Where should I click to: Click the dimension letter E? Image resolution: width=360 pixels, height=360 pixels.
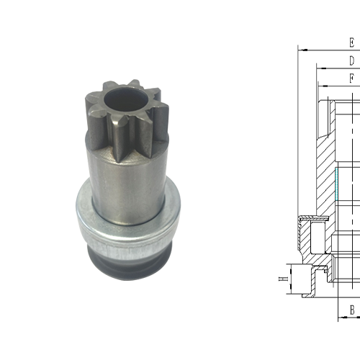[x=352, y=42]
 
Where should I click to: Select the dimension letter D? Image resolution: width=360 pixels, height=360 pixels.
[x=352, y=60]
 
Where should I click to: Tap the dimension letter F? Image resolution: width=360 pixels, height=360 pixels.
[x=352, y=77]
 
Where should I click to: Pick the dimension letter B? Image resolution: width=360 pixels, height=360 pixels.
[x=352, y=310]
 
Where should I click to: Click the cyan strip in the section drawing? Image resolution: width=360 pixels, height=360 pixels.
[x=336, y=184]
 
